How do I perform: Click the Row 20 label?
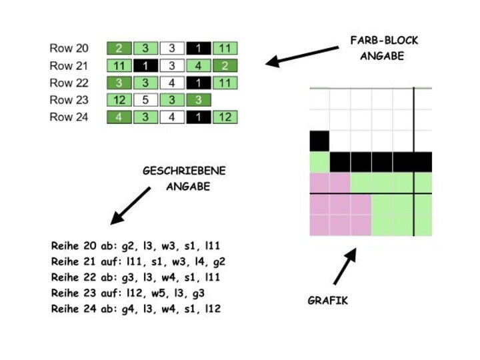(69, 48)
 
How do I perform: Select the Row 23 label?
(69, 100)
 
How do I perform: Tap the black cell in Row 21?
(146, 65)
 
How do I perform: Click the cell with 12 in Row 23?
(120, 100)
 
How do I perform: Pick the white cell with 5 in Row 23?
(146, 100)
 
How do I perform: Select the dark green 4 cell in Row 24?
(120, 117)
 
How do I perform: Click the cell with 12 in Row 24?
(225, 117)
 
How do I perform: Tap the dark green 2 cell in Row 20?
(120, 48)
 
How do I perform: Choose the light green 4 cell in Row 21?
(199, 65)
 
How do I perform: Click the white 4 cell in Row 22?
(172, 83)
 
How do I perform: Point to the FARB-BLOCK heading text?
(383, 41)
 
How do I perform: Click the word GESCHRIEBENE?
(184, 171)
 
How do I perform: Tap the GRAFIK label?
(327, 301)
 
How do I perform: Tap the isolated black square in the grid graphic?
(320, 141)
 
